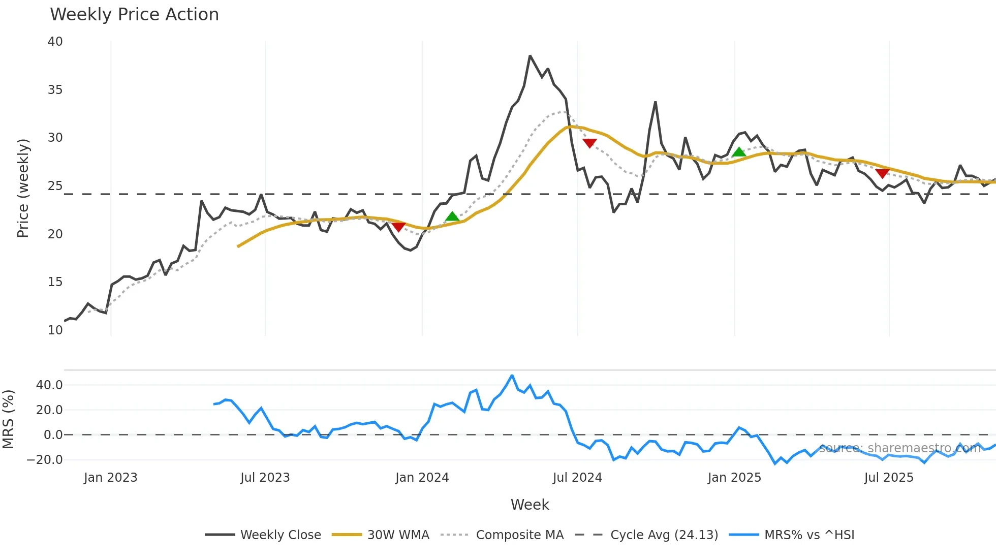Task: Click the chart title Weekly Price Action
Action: click(x=134, y=15)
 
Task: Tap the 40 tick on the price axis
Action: click(x=55, y=42)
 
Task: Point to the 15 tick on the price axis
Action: click(x=55, y=282)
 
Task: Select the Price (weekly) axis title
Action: click(x=23, y=188)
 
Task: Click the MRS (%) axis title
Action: click(x=9, y=419)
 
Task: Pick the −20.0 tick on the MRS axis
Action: click(x=45, y=460)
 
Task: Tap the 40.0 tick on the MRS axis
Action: click(x=49, y=385)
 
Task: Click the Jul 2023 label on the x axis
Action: click(x=265, y=478)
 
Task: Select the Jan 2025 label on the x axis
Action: click(x=734, y=478)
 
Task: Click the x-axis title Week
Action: click(x=530, y=505)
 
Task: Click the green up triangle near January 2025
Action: click(x=739, y=152)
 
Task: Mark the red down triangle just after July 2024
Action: click(x=589, y=143)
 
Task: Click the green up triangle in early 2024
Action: click(x=452, y=217)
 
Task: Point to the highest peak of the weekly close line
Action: click(x=530, y=56)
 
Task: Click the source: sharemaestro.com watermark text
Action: click(x=899, y=448)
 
